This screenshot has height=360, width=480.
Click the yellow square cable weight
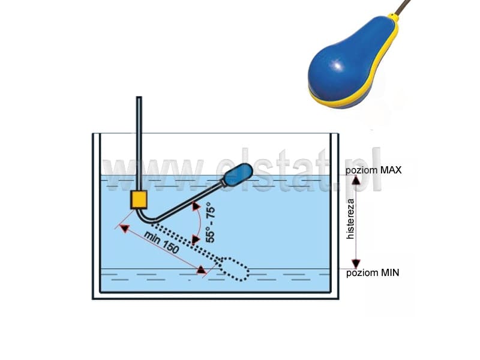[139, 200]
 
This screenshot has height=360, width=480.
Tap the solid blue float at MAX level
[238, 175]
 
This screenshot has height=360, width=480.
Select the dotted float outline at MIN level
[233, 269]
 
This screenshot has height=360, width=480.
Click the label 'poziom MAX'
[373, 170]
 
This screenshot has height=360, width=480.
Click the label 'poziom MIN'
[373, 273]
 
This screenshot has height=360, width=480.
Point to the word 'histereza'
[351, 218]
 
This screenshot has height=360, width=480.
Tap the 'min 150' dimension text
[161, 243]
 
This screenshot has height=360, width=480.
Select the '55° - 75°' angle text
[211, 222]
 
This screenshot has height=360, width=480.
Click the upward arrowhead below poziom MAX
[356, 181]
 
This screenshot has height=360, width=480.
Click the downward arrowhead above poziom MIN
[356, 263]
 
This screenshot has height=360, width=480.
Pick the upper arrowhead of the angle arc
[196, 206]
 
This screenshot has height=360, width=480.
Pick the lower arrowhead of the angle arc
[196, 239]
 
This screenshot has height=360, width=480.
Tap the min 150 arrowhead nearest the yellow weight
[124, 229]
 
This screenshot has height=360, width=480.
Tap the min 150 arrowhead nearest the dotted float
[201, 269]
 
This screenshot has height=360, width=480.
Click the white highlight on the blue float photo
[338, 66]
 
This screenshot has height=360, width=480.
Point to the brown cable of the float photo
[403, 7]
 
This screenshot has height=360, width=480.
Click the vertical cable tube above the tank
[139, 143]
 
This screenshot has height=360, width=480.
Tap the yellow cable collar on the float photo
[394, 17]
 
